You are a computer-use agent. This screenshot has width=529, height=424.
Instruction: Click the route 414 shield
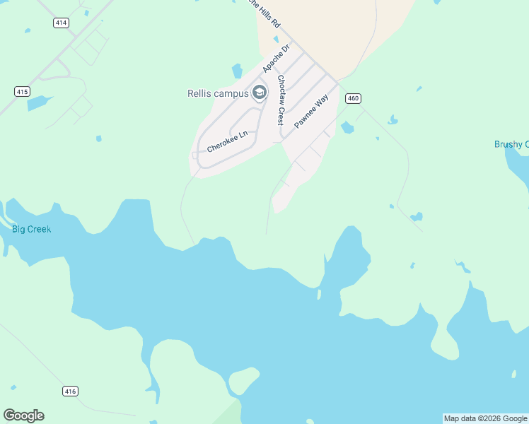[61, 23]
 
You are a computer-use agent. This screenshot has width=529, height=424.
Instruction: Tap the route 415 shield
[22, 91]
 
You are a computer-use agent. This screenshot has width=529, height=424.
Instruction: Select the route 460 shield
[354, 98]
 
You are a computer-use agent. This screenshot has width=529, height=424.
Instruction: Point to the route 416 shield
[70, 391]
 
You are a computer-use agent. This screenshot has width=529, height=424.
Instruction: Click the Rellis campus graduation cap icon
[260, 93]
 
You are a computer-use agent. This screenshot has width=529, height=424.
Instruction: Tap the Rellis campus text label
[218, 93]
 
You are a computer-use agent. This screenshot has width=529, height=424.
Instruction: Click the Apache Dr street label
[277, 59]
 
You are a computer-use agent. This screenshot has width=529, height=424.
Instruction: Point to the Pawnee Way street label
[312, 111]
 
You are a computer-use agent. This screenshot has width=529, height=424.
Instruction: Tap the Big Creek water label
[31, 229]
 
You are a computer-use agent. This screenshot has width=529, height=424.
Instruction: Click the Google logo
[23, 416]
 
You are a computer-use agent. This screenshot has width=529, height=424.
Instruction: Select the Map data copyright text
[485, 418]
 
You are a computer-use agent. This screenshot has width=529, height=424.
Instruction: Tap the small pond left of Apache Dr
[237, 71]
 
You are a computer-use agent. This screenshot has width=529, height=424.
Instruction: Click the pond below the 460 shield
[347, 127]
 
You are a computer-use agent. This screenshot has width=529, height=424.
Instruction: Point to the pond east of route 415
[40, 103]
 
